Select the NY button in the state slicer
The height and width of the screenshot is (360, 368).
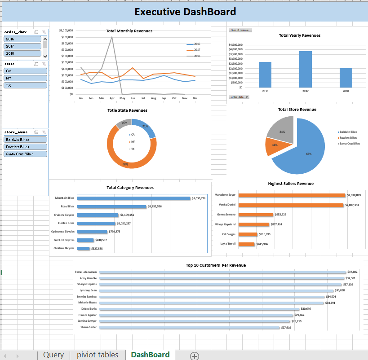click(25, 78)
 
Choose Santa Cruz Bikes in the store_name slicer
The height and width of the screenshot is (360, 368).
click(25, 154)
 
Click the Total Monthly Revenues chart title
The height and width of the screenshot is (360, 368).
click(129, 31)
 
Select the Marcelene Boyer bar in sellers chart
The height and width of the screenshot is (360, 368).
click(292, 195)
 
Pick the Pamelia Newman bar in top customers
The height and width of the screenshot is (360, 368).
click(222, 272)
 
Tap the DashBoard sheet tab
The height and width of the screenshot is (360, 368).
click(150, 355)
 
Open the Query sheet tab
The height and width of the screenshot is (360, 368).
click(53, 355)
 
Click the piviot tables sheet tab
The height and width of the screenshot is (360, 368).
click(98, 355)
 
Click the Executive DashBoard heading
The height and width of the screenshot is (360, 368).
click(185, 12)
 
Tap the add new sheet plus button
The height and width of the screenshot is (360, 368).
click(195, 356)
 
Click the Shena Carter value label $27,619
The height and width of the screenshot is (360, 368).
click(286, 328)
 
